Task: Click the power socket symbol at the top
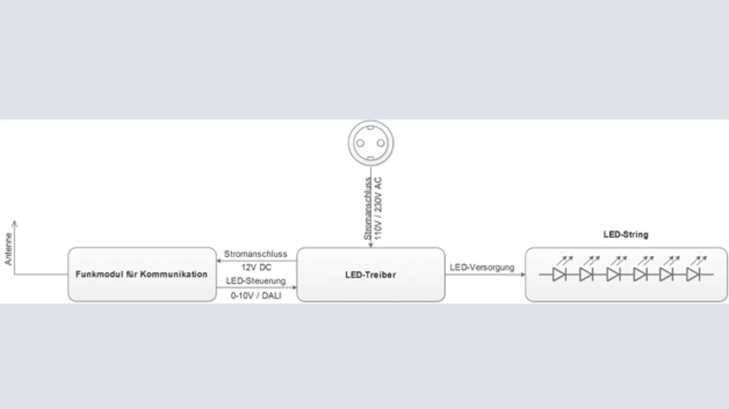371,142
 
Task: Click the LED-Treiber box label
370,275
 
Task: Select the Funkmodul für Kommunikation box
142,274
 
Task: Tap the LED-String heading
625,234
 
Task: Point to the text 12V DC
256,267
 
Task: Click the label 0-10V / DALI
256,295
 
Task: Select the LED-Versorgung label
481,267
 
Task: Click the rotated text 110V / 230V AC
379,207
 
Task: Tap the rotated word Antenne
8,249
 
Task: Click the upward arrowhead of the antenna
14,224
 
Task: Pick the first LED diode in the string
559,275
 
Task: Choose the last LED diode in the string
693,275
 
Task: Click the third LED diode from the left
612,275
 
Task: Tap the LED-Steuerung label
255,281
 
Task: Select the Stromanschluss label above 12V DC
256,254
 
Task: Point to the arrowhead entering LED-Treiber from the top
371,245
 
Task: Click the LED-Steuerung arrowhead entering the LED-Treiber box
294,287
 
